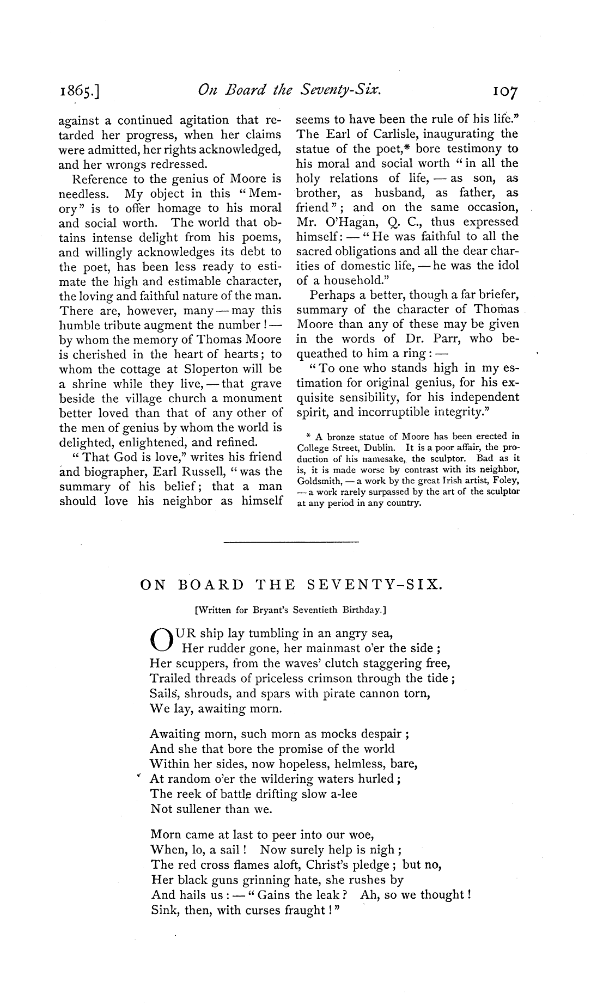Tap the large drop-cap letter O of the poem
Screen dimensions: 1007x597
click(x=161, y=641)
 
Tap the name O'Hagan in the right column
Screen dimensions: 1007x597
click(x=341, y=222)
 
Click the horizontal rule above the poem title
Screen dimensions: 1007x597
click(x=291, y=542)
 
